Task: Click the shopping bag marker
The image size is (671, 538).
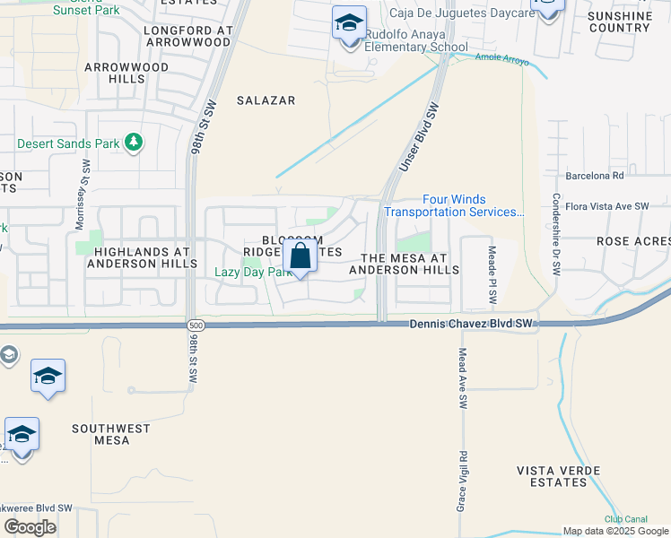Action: tap(301, 256)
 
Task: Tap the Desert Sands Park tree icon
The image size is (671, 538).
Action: tap(134, 142)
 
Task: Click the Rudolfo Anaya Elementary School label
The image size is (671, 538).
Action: tap(415, 41)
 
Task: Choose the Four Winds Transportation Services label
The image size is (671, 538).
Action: tap(455, 206)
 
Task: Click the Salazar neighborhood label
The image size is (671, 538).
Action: tap(266, 100)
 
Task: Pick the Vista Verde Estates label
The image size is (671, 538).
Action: tap(553, 476)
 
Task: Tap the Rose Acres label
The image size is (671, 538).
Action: tap(633, 241)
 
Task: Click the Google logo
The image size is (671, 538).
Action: tap(30, 527)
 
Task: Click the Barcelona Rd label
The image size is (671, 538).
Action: tap(594, 176)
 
